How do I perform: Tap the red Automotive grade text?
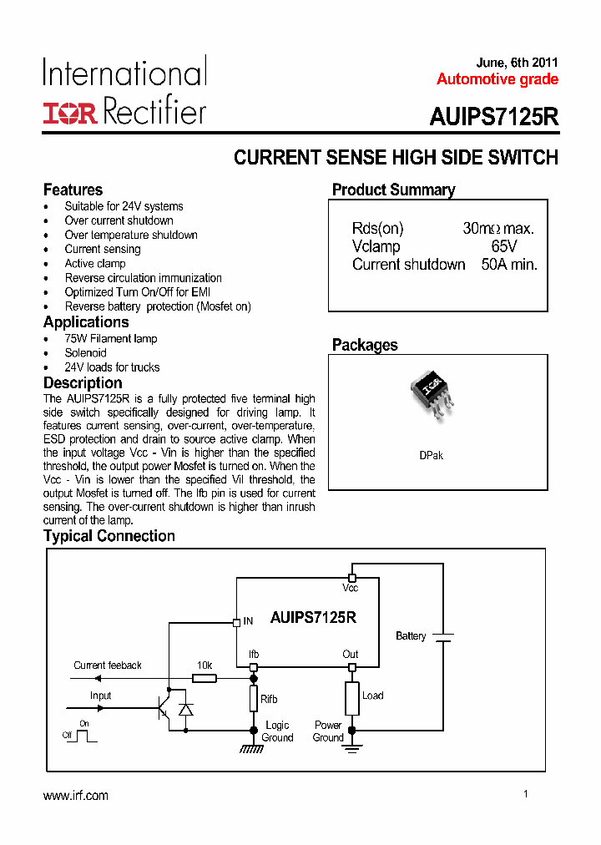click(497, 79)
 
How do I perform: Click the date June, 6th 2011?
click(517, 63)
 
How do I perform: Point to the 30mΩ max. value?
click(498, 229)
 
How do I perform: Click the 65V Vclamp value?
click(504, 246)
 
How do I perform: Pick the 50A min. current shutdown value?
click(509, 265)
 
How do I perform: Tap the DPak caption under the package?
click(431, 456)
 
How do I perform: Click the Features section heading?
click(73, 190)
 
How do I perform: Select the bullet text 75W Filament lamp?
click(111, 339)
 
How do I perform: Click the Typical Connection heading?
click(109, 536)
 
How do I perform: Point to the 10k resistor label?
click(204, 665)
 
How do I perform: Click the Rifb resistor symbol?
click(254, 699)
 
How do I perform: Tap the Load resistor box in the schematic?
click(352, 698)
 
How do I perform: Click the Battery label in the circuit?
click(411, 636)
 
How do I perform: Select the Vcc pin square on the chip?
click(352, 578)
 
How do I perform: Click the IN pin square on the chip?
click(236, 621)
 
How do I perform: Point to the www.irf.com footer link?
click(76, 796)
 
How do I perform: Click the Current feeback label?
click(108, 665)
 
